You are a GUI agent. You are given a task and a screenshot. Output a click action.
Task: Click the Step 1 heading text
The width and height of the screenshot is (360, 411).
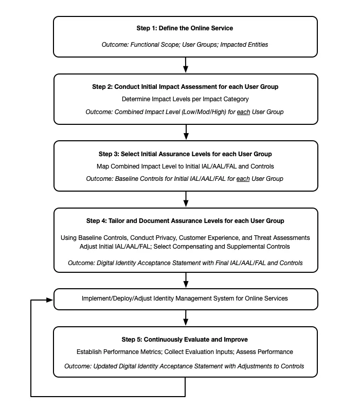pos(185,28)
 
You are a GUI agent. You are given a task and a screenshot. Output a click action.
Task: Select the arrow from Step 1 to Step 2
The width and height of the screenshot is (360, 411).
pos(185,65)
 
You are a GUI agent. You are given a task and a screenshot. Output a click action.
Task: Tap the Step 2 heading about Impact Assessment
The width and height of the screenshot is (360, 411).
pos(185,87)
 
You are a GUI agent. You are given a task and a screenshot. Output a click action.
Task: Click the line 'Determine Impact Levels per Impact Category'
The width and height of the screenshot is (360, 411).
pos(185,99)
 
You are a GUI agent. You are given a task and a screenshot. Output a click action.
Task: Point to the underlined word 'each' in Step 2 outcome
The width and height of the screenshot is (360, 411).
pos(243,112)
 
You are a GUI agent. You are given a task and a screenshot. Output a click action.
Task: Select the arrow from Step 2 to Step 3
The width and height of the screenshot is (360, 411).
pos(185,132)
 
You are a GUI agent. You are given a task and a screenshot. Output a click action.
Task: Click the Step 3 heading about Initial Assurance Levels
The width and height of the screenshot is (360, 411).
pos(185,154)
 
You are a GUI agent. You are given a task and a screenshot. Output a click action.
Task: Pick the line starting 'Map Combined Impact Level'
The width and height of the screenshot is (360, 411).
pos(185,166)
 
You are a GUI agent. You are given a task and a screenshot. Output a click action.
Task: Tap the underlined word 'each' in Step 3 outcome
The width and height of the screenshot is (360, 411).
pos(243,179)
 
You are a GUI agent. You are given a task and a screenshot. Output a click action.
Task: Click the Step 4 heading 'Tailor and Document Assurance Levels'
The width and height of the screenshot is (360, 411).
pos(185,221)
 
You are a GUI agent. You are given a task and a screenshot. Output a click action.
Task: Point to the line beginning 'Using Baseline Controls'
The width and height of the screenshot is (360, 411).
pos(185,238)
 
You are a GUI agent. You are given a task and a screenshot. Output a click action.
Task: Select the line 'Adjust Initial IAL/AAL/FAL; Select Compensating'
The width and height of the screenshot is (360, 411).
pos(185,247)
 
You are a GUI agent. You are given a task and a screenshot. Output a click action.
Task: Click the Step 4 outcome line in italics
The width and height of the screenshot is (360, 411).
pos(185,263)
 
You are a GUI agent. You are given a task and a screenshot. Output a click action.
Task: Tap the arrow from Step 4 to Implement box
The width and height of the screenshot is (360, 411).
pos(185,281)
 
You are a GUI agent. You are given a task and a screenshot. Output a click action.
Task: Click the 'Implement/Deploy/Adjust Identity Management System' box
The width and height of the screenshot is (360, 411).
pos(185,298)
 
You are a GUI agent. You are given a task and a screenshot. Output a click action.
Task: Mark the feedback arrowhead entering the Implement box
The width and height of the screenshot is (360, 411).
pos(50,299)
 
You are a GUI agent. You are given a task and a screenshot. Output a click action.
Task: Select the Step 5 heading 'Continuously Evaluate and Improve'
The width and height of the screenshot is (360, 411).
pos(185,340)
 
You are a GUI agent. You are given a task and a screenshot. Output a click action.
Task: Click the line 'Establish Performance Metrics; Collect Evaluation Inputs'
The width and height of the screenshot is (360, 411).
pos(185,352)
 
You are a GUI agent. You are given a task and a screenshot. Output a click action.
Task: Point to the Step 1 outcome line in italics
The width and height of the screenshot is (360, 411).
pos(185,45)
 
